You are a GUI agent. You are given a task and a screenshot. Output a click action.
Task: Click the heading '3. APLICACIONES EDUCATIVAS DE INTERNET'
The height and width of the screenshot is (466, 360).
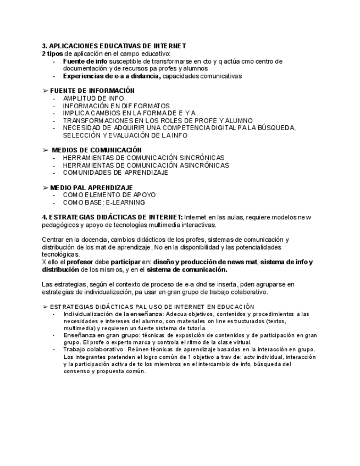(114, 46)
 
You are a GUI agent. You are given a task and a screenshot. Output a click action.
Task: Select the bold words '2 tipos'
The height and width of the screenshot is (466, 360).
(52, 53)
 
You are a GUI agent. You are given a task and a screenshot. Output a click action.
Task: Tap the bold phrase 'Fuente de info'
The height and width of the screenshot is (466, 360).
(81, 61)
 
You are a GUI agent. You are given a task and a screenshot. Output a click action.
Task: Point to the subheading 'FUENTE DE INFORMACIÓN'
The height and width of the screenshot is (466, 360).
(92, 91)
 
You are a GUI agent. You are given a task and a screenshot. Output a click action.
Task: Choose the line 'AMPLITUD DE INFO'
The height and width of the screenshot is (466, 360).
(93, 98)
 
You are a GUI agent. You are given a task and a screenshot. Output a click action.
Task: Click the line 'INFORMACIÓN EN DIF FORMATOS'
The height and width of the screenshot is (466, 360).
(116, 106)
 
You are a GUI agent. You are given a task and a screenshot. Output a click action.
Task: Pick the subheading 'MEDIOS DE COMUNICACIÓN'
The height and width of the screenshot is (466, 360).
(97, 149)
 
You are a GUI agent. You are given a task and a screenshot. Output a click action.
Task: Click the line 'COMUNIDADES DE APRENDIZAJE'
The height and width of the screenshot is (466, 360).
(115, 172)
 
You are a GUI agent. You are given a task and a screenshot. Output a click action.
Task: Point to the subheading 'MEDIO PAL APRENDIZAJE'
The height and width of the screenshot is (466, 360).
(91, 187)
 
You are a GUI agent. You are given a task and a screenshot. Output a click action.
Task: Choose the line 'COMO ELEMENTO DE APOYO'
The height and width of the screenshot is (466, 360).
(109, 195)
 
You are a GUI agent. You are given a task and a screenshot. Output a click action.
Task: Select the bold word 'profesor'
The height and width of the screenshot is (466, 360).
(79, 262)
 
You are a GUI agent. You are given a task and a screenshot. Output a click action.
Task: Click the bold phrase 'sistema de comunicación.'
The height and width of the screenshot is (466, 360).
(187, 270)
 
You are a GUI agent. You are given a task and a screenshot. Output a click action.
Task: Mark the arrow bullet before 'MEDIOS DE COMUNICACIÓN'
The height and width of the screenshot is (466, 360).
(45, 149)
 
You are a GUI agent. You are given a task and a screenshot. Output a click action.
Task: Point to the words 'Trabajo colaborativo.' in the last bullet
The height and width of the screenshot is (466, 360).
(92, 349)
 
